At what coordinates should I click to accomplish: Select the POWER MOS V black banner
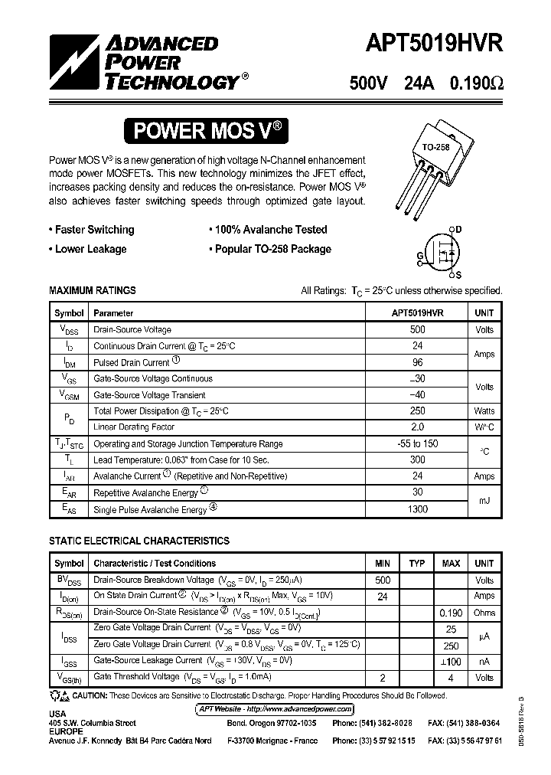pyautogui.click(x=208, y=131)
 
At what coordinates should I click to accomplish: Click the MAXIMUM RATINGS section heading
pyautogui.click(x=93, y=290)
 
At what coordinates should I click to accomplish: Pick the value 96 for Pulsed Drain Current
pyautogui.click(x=417, y=362)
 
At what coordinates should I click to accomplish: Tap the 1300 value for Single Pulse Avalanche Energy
pyautogui.click(x=417, y=509)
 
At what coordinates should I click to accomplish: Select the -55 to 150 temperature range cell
pyautogui.click(x=417, y=443)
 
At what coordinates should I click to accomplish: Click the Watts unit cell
pyautogui.click(x=484, y=411)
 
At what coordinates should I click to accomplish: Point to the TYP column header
pyautogui.click(x=416, y=564)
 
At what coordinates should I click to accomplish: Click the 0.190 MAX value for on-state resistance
pyautogui.click(x=451, y=613)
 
